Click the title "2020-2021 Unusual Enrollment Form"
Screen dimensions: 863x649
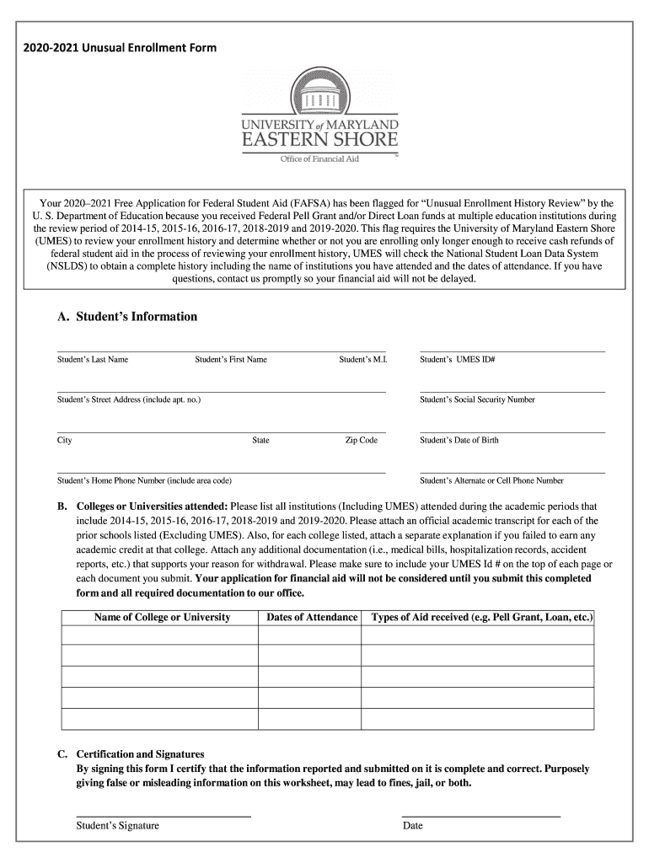tap(120, 48)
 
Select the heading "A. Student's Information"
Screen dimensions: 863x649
tap(127, 317)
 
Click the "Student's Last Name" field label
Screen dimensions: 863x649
tap(93, 360)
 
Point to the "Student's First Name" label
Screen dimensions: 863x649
tap(231, 360)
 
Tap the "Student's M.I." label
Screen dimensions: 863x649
tap(362, 360)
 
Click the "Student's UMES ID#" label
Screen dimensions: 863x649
tap(458, 360)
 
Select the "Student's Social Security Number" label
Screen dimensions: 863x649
tap(477, 399)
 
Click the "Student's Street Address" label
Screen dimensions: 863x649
tap(129, 399)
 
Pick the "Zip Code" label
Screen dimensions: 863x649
tap(362, 440)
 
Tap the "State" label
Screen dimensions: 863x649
tap(260, 440)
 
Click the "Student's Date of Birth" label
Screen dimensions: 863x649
tap(459, 440)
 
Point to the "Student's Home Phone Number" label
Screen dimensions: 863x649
tap(144, 480)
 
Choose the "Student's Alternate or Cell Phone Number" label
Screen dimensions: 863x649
tap(491, 480)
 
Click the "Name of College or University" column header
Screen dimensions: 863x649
tap(162, 618)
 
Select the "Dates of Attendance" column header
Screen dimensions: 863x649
tap(312, 618)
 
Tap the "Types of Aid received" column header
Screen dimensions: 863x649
tap(482, 618)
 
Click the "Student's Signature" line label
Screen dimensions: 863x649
tap(117, 826)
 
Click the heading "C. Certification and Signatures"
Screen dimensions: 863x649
tap(140, 754)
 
